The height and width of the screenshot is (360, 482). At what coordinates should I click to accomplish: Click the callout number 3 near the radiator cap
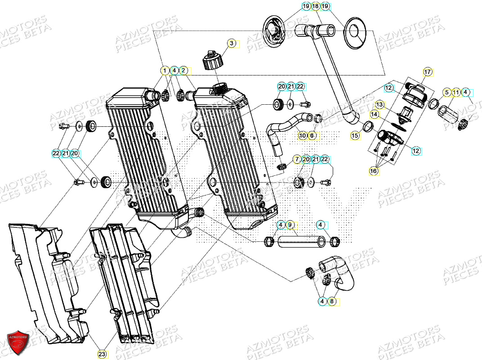[231, 44]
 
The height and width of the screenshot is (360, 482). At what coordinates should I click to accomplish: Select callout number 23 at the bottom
[103, 355]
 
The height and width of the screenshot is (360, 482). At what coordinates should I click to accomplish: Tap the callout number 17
[427, 72]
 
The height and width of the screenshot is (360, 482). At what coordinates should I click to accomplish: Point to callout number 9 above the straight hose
[290, 224]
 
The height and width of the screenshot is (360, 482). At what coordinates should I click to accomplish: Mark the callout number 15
[355, 135]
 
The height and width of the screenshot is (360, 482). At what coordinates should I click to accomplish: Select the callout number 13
[379, 105]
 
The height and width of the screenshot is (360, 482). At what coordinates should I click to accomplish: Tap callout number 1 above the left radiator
[165, 71]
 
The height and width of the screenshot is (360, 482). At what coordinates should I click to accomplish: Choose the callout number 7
[296, 160]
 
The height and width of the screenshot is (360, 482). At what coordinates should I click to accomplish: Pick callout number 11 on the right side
[456, 93]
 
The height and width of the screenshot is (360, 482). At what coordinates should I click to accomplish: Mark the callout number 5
[446, 93]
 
